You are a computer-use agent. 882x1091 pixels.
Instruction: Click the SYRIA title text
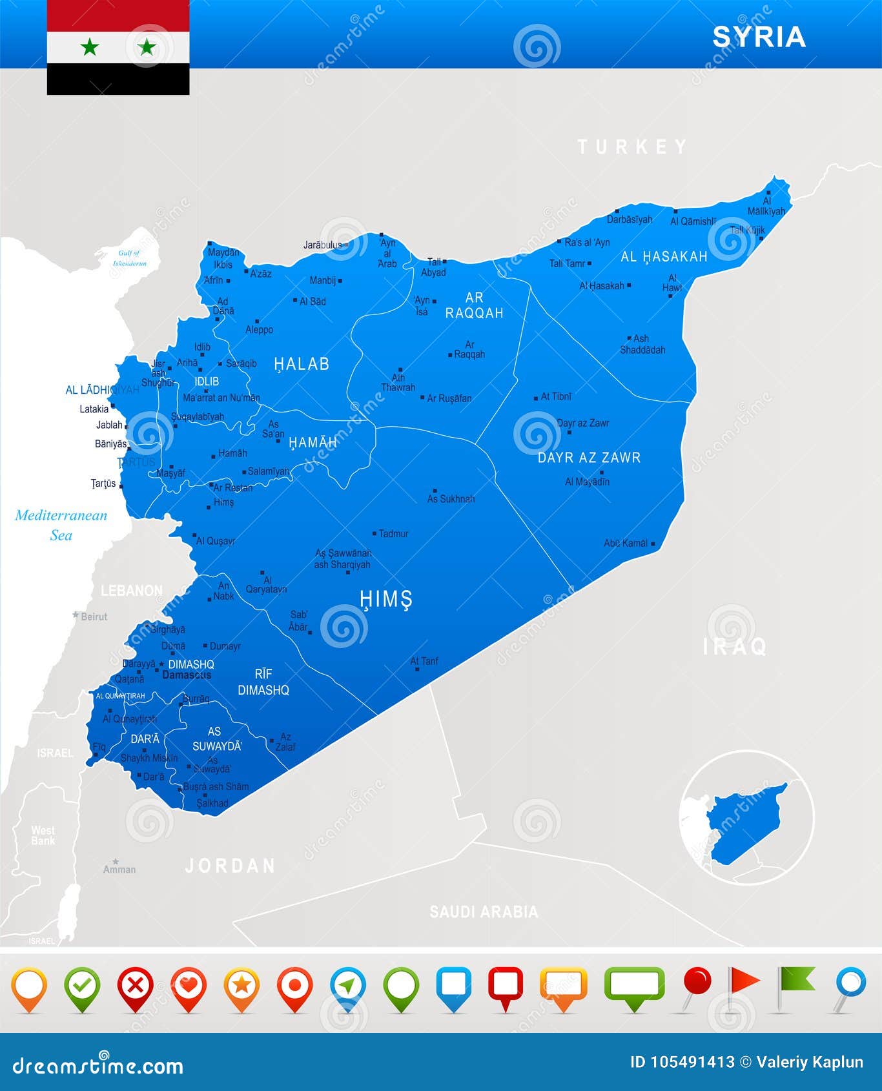tap(759, 37)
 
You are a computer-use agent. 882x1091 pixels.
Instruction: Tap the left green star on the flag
tap(90, 46)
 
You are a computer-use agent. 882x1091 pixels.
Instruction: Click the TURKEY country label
tap(633, 147)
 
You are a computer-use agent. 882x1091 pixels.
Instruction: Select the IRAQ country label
tap(735, 646)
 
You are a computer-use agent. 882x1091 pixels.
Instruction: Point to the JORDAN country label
tap(231, 866)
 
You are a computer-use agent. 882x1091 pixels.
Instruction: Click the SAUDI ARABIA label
tap(484, 912)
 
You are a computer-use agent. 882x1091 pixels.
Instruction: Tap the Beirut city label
tap(94, 617)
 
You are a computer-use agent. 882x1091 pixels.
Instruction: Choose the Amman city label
tap(119, 869)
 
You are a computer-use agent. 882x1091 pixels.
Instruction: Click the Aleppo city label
tap(259, 329)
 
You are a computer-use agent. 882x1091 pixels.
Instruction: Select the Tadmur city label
tap(393, 533)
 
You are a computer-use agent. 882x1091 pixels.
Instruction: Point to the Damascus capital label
tap(187, 675)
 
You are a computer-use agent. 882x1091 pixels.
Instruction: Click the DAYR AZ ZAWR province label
tap(589, 458)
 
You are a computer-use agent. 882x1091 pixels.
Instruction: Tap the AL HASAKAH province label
tap(664, 257)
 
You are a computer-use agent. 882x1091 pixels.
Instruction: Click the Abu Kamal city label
tap(625, 543)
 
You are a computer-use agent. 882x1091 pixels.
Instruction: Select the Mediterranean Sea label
tap(61, 524)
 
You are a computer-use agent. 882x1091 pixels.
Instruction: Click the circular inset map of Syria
tap(747, 817)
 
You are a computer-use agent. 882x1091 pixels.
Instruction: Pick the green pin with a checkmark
tap(83, 986)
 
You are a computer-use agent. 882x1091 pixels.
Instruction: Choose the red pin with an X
tap(136, 986)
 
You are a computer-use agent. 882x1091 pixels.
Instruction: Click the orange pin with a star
tap(241, 986)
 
